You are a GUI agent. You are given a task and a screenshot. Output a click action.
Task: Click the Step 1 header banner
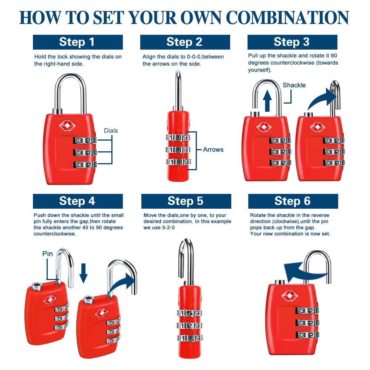[78, 42]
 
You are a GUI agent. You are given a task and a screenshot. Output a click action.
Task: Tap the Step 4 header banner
[78, 201]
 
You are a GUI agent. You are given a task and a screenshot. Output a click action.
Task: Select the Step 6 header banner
[293, 201]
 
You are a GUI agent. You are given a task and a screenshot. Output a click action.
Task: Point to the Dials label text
[111, 131]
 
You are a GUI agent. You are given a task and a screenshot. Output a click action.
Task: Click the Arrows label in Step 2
[213, 149]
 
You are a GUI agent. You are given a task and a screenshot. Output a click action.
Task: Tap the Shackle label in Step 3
[294, 85]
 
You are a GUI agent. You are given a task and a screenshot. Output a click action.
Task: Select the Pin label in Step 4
[47, 254]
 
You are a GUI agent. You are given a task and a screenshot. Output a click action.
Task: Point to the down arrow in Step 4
[84, 273]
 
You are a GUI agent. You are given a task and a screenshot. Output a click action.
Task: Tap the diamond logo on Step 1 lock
[67, 126]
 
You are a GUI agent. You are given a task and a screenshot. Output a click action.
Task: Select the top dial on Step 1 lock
[85, 141]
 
